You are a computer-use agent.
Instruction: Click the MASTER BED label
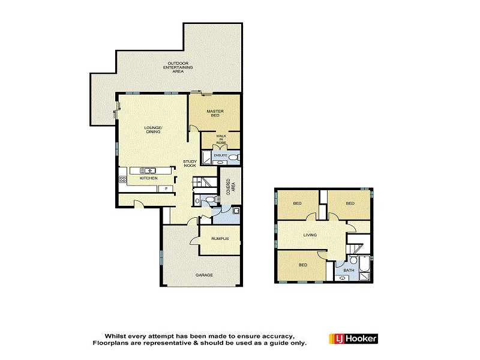[x=215, y=113]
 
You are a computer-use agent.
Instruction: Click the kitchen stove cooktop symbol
[x=123, y=179]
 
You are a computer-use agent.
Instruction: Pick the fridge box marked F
[x=165, y=188]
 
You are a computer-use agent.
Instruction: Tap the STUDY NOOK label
[x=191, y=163]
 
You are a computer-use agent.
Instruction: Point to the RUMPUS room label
[x=220, y=239]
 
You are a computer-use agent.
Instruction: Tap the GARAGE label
[x=204, y=275]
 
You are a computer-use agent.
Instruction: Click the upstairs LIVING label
[x=310, y=235]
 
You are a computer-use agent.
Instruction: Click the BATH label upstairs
[x=348, y=271]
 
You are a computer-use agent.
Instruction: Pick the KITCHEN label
[x=148, y=179]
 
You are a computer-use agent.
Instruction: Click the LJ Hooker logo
[x=353, y=339]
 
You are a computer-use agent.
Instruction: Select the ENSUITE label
[x=221, y=155]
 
